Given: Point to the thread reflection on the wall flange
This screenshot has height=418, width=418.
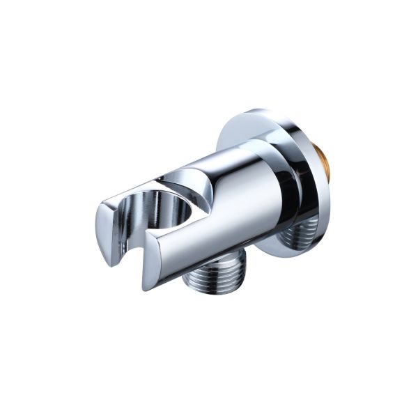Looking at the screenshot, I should coord(298,233).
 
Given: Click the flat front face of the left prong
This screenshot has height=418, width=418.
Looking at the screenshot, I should coord(104,233).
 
